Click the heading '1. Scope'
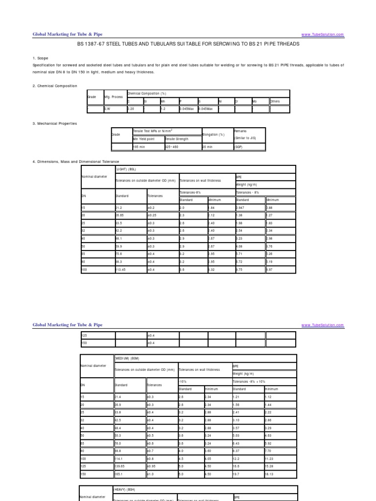click(x=40, y=58)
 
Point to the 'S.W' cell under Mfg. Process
click(x=107, y=109)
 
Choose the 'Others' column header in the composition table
click(x=275, y=101)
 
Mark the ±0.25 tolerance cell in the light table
click(x=154, y=214)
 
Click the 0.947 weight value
click(x=243, y=207)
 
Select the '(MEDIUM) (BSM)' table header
click(x=128, y=359)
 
